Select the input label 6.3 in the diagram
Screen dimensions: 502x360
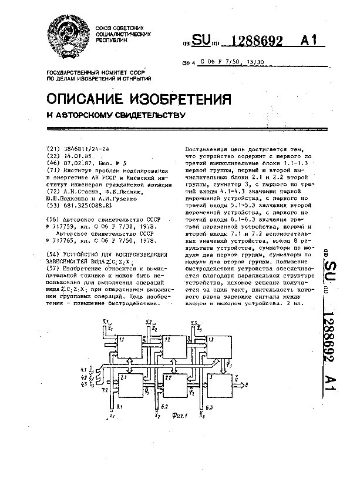[x=203, y=407]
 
